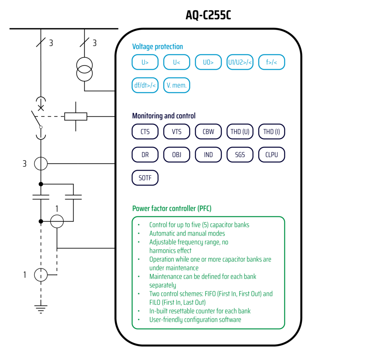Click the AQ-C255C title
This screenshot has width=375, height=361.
[208, 15]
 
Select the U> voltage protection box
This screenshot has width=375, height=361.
[145, 62]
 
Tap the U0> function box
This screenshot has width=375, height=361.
[208, 62]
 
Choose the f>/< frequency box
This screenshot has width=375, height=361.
[272, 62]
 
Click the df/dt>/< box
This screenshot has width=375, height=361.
[145, 85]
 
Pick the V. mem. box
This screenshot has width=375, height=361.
[177, 85]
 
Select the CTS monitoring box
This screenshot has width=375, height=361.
[145, 132]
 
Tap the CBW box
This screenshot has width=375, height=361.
[208, 132]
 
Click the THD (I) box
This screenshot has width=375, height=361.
[272, 132]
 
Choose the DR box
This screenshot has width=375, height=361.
[145, 155]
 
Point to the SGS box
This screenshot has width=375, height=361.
[240, 155]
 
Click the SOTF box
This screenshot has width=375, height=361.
[145, 178]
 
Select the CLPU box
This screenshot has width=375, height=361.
[272, 155]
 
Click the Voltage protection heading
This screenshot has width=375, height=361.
[157, 46]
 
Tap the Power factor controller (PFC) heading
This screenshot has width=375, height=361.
[172, 208]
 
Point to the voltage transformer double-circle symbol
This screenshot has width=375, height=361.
[85, 68]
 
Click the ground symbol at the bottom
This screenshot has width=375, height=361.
[41, 309]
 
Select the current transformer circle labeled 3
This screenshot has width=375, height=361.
[41, 164]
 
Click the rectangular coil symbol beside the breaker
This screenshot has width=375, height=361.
[76, 116]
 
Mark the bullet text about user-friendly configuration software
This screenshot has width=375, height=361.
[195, 320]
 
